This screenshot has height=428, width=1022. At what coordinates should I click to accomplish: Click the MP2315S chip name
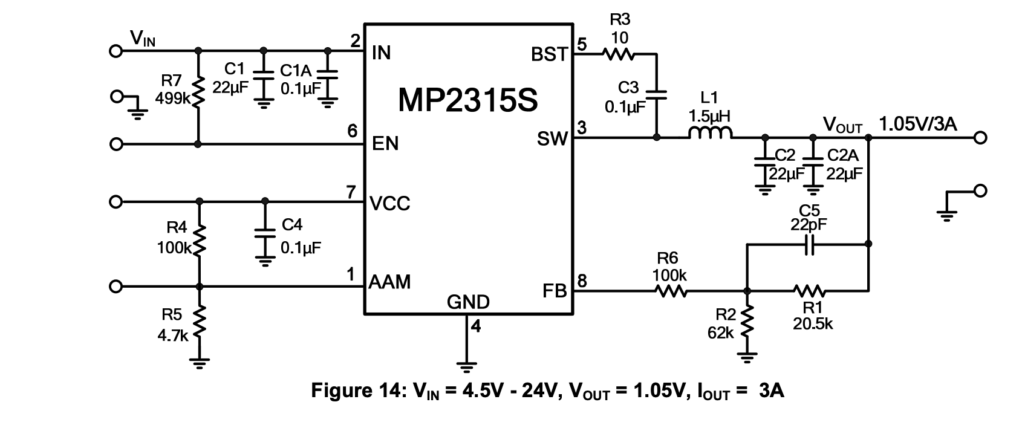coord(467,100)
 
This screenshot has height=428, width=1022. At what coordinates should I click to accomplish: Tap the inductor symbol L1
coord(710,134)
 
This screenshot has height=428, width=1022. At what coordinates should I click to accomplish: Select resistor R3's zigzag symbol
coord(618,54)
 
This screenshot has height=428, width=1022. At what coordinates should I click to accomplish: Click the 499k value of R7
coord(172,98)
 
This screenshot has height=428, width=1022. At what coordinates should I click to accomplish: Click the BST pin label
coord(549,55)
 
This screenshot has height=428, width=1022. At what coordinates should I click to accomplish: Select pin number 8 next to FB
coord(582,281)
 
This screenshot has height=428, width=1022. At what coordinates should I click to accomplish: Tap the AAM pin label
coord(390,282)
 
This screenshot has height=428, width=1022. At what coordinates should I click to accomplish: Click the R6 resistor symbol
coord(670,291)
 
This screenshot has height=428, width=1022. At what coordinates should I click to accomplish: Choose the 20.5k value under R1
coord(813,324)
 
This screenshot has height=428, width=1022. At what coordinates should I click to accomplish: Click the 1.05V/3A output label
coord(918,125)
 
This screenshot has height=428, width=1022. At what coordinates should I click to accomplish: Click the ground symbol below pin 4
coord(466,365)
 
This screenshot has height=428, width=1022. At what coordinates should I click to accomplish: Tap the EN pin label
coord(385,144)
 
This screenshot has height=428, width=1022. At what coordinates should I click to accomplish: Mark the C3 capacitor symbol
coord(657,94)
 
